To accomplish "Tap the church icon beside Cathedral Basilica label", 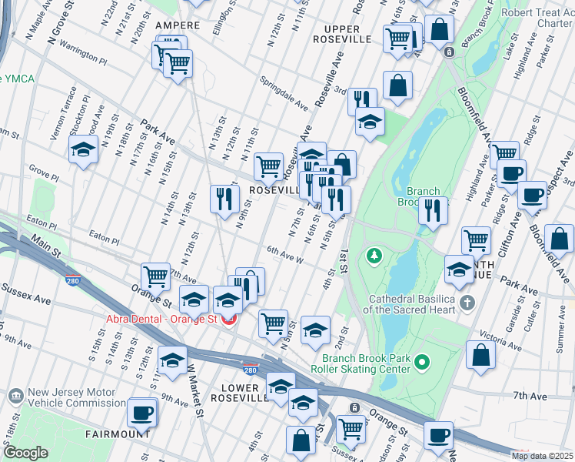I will pyautogui.click(x=467, y=303).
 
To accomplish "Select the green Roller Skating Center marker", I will pyautogui.click(x=420, y=361).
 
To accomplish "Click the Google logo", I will pyautogui.click(x=25, y=453).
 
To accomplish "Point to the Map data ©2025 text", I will pyautogui.click(x=541, y=456).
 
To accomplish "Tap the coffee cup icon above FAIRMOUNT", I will pyautogui.click(x=141, y=412).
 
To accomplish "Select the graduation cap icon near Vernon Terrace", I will pyautogui.click(x=82, y=149).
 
